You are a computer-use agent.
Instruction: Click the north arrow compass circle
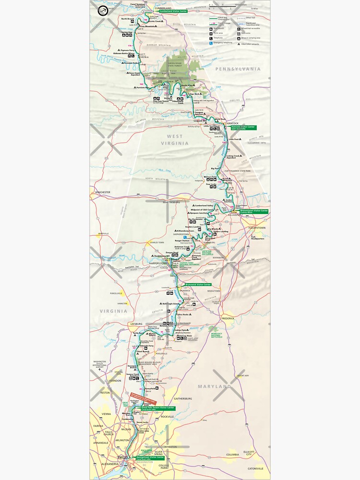[103, 11]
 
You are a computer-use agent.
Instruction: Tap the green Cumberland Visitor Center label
[169, 11]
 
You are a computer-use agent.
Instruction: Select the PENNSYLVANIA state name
[238, 69]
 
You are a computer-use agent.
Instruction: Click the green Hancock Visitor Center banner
[243, 128]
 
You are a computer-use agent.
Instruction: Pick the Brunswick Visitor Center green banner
[194, 285]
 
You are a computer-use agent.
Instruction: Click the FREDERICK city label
[228, 318]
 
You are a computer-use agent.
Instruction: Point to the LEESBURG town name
[136, 324]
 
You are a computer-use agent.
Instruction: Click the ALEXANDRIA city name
[109, 464]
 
